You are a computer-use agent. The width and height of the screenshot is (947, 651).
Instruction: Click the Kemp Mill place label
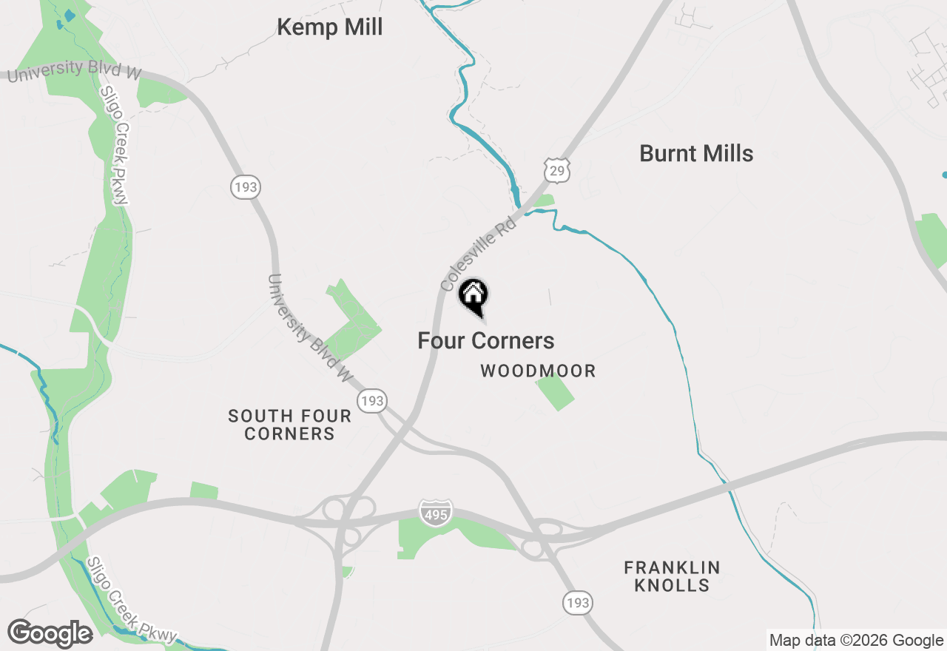[329, 27]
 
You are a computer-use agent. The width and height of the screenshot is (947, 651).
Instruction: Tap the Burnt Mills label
[696, 154]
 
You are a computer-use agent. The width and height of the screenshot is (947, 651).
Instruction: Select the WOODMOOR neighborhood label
[538, 371]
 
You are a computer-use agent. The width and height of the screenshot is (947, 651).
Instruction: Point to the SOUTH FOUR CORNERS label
[289, 425]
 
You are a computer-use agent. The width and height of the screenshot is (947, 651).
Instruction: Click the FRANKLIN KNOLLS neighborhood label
[672, 576]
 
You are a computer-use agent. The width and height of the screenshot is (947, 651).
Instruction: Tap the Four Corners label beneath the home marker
[485, 341]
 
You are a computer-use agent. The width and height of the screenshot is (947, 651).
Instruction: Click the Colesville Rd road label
[477, 254]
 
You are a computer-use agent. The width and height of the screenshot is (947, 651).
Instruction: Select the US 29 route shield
[556, 169]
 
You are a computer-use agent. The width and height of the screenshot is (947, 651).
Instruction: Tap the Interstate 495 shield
[435, 513]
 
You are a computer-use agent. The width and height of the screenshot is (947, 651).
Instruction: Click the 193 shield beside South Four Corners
[372, 401]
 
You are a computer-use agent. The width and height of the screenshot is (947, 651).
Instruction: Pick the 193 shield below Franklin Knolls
[577, 602]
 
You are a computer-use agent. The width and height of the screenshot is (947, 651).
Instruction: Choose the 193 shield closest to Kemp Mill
[245, 187]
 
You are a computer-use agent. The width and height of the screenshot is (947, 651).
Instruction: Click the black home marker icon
[473, 295]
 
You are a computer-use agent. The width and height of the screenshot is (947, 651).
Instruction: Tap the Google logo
[50, 634]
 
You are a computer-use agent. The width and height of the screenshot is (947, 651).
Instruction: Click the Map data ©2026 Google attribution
[856, 641]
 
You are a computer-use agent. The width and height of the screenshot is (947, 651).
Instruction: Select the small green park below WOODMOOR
[555, 392]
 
